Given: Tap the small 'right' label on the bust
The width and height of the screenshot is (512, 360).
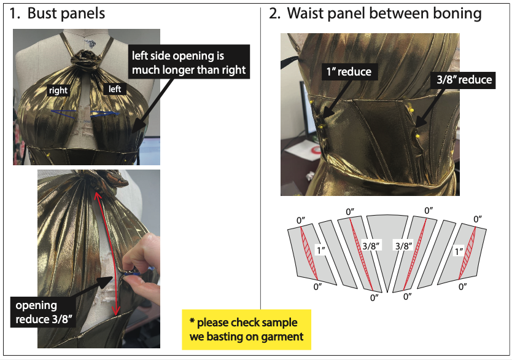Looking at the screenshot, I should click(x=58, y=90).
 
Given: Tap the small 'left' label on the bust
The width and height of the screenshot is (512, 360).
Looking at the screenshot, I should click(x=115, y=89).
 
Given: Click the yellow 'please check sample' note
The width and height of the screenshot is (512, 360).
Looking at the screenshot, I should click(x=246, y=329).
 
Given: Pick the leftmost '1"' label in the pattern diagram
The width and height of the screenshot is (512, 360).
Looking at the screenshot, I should click(x=319, y=251).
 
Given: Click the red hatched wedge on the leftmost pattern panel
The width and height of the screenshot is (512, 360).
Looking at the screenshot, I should click(x=310, y=255).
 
